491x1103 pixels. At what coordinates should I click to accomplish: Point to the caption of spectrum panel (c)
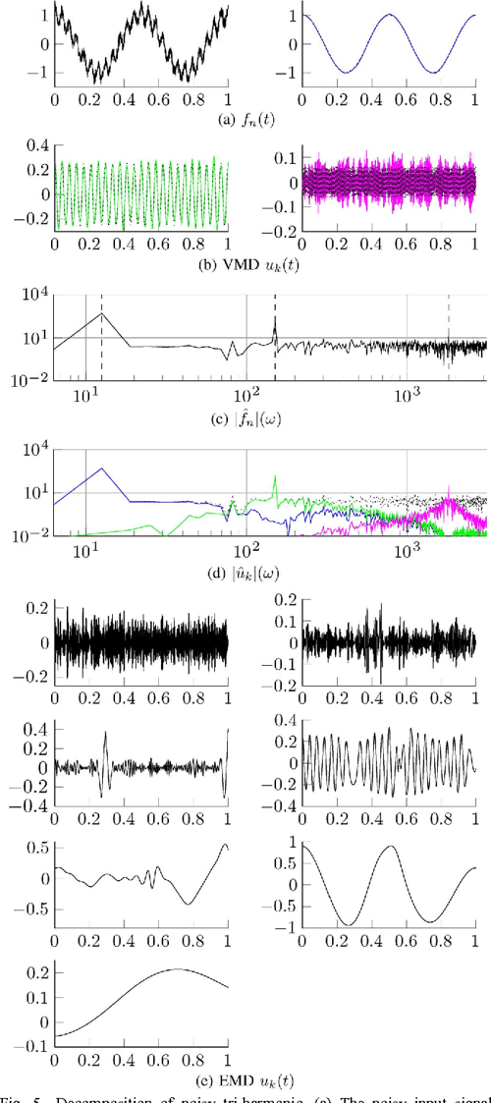[245, 414]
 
